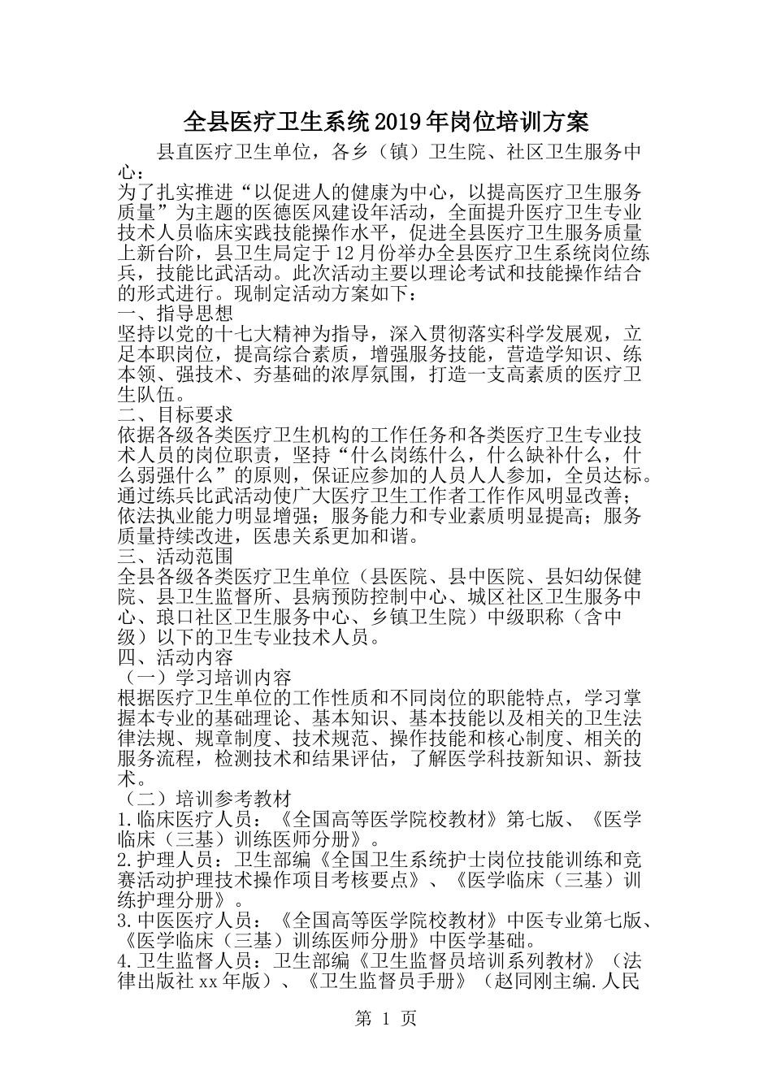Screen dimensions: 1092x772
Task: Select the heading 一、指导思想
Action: [x=176, y=313]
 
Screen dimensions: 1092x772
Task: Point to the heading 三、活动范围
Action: [x=176, y=556]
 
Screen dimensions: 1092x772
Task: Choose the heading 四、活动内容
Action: [x=176, y=657]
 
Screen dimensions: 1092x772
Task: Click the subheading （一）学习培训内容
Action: [x=205, y=678]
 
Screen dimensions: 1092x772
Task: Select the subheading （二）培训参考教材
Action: [x=205, y=799]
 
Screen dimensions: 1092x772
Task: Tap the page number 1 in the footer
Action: [x=386, y=1018]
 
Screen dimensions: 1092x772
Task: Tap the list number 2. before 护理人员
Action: [x=125, y=860]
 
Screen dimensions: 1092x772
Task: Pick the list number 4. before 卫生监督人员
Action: [x=125, y=961]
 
